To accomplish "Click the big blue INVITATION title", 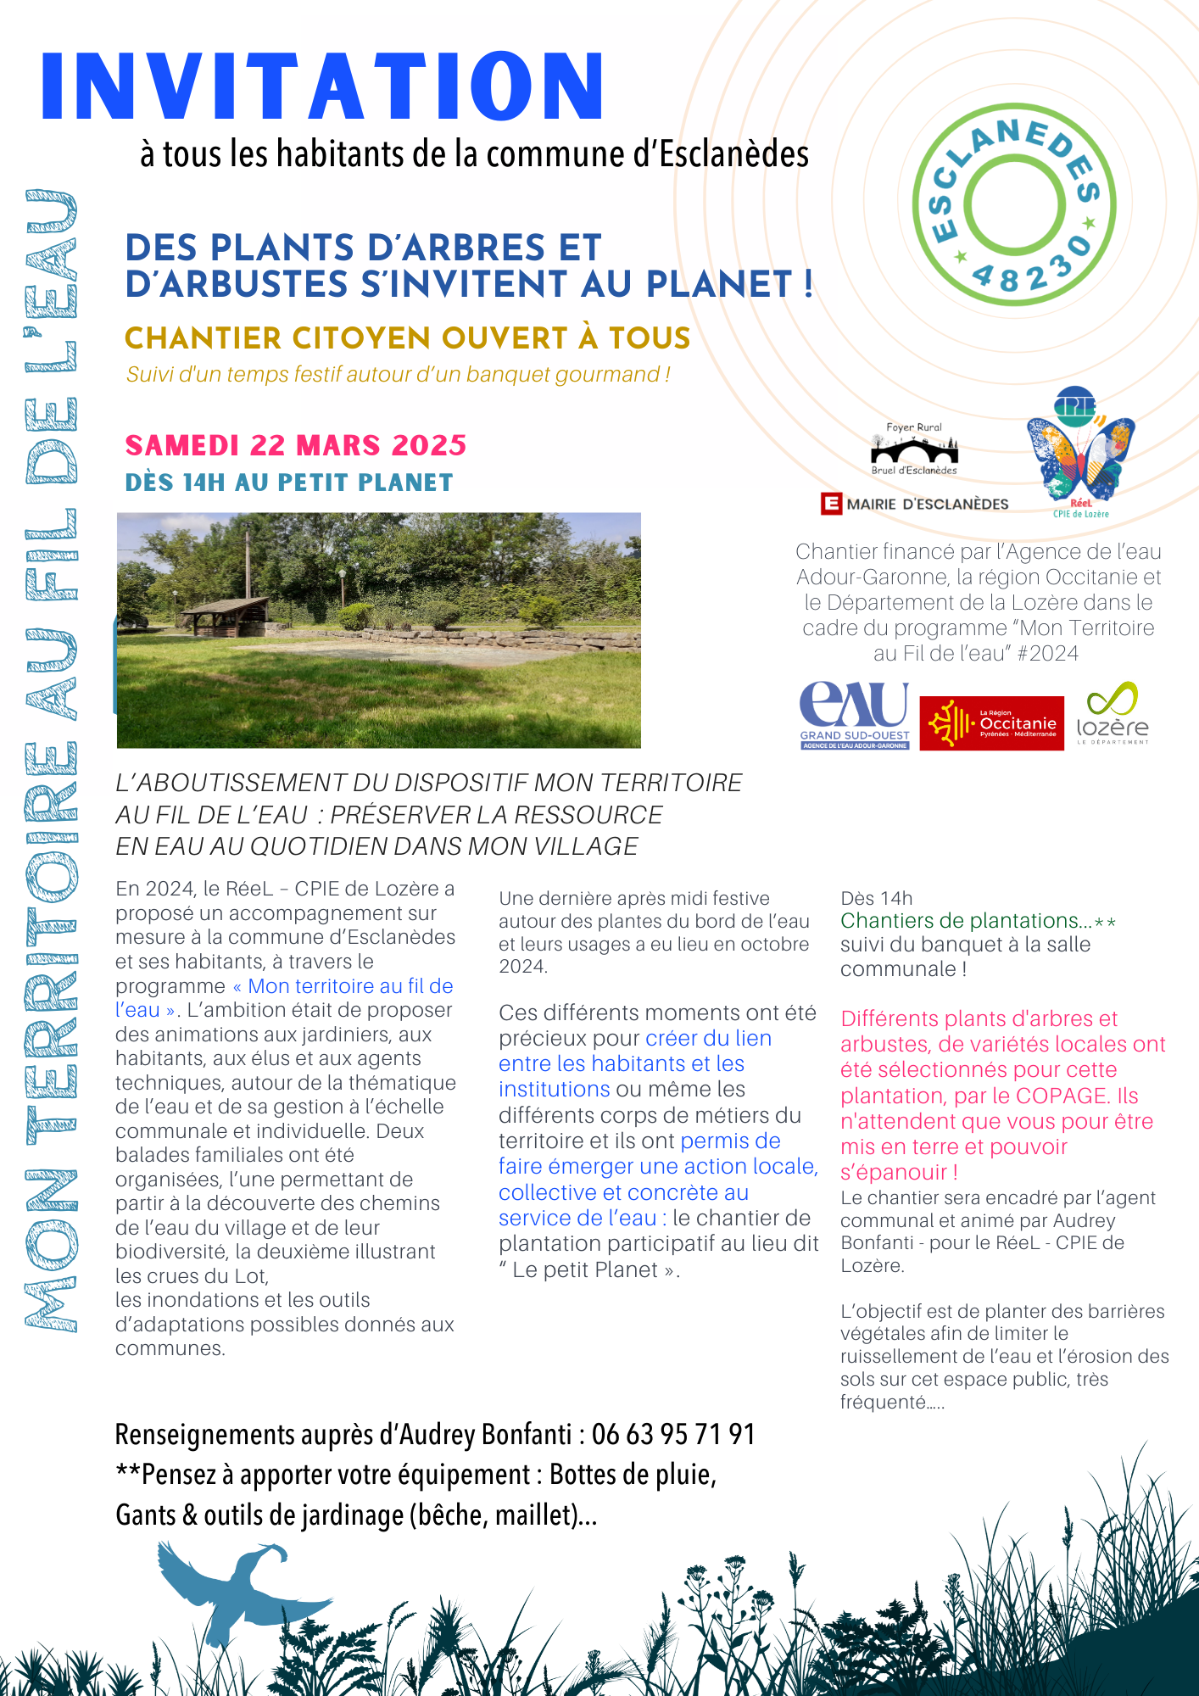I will coord(322,86).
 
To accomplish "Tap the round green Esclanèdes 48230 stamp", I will coord(1014,205).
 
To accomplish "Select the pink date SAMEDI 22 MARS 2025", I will coord(296,445).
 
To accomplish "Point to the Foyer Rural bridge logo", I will coord(914,449).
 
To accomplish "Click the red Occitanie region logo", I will coord(991,723).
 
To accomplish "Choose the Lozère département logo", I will coord(1113,715).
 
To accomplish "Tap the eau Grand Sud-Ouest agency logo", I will coord(854,716).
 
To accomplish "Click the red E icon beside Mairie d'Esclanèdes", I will coord(831,504).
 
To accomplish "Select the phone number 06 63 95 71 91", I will coord(673,1434).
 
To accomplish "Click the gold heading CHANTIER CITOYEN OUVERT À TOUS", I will coord(407,338).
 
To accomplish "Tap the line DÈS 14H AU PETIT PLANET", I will coord(289,483).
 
